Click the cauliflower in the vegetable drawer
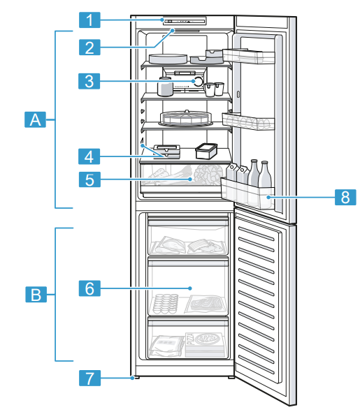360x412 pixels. click(209, 171)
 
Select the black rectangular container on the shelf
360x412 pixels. click(207, 150)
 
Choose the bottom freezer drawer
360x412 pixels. click(188, 340)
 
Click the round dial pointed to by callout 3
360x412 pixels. click(199, 82)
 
